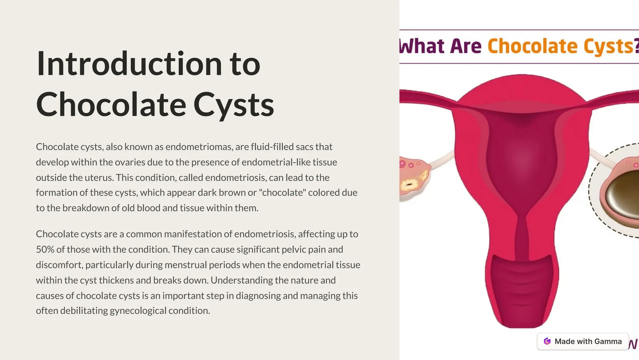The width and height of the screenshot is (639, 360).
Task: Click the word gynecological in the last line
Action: click(138, 311)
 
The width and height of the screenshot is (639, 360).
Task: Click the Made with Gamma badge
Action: click(583, 341)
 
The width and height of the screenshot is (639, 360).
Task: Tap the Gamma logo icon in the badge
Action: click(547, 341)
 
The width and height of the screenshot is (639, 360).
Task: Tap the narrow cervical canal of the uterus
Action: click(521, 237)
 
